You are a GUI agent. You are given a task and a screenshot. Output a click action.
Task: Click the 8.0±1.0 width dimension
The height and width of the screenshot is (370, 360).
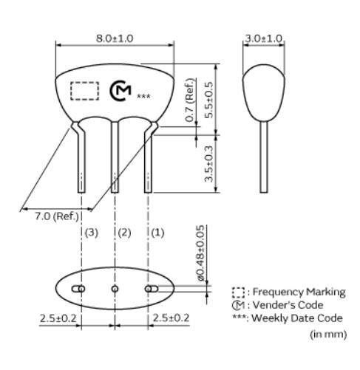point(115,38)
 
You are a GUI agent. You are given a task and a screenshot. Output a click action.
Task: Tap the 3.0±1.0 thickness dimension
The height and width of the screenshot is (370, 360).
point(264,38)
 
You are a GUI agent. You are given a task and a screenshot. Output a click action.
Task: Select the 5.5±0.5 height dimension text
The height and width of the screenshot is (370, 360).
point(208,100)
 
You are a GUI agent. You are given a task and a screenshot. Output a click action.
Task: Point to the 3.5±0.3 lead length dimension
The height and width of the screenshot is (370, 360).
point(208,164)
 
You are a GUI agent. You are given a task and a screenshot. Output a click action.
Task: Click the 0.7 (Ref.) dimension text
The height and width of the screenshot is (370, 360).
point(190,100)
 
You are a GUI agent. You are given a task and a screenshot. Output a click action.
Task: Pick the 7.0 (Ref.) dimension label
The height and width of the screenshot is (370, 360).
point(57,216)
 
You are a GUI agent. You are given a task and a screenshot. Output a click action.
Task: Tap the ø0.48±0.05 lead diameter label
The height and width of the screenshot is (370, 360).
point(201,253)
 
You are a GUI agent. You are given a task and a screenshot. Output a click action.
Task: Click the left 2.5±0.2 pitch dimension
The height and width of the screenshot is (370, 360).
point(58,318)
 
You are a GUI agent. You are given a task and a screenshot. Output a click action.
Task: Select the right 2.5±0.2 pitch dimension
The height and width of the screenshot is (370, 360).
point(171,318)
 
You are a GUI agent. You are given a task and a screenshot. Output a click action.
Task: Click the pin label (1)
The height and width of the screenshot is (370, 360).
point(157,233)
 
